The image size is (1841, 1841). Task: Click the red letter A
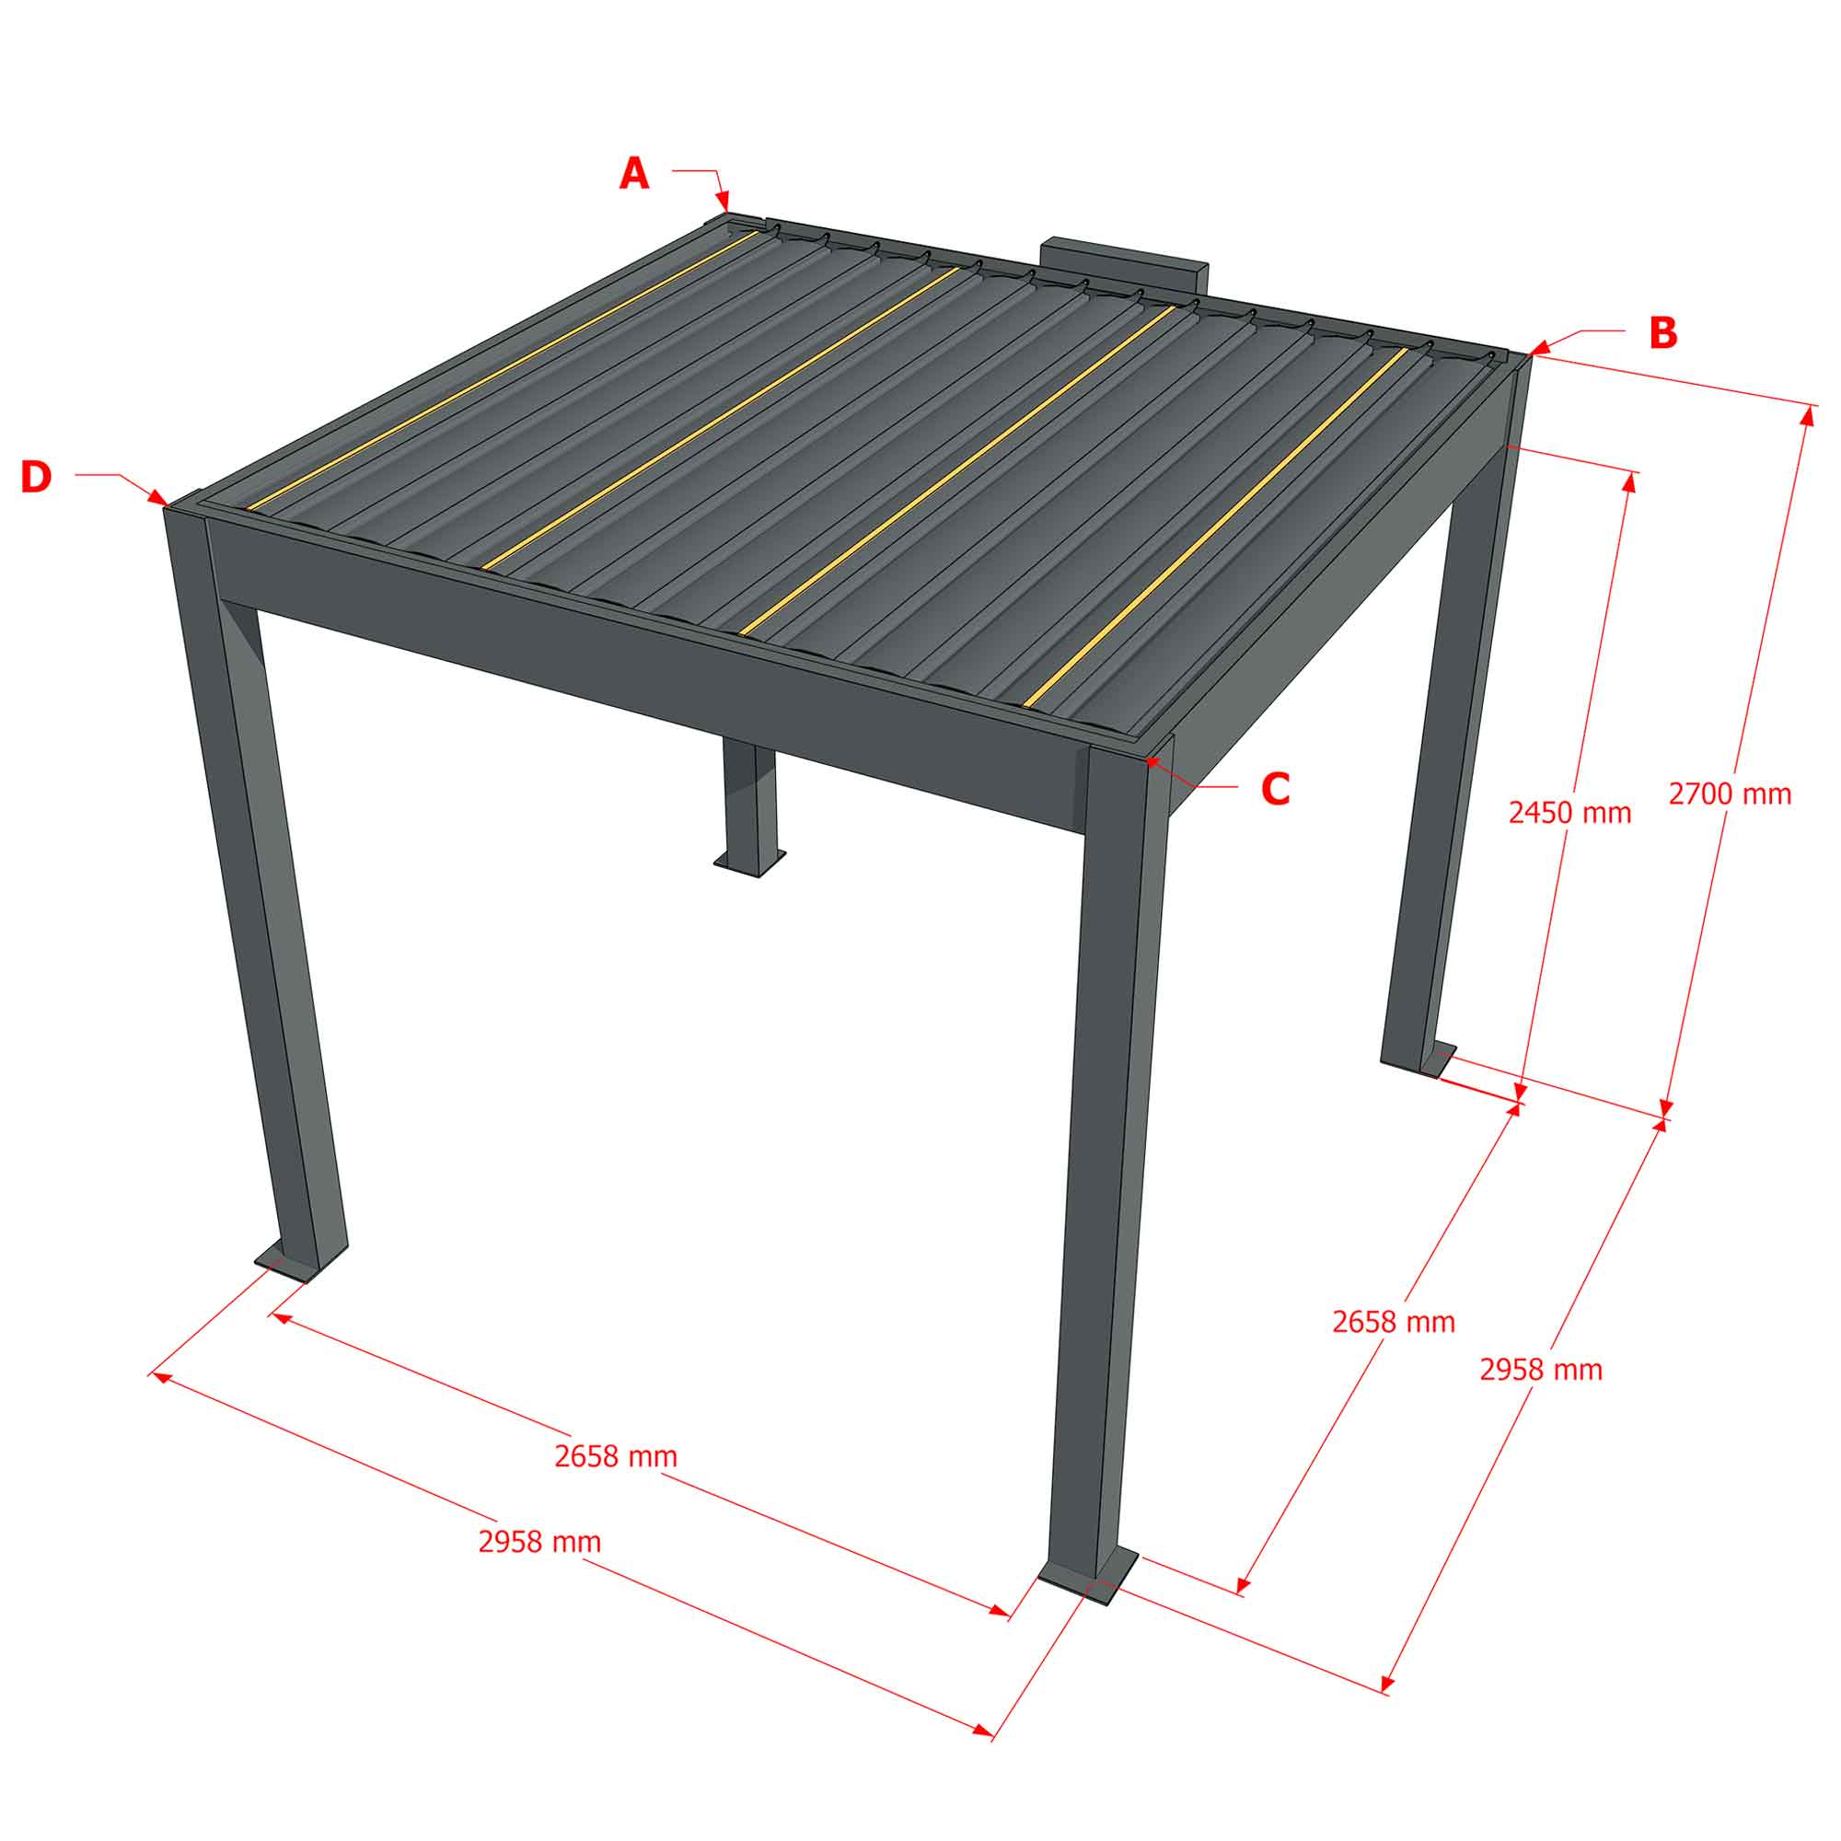tap(633, 174)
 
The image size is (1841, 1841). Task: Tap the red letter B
tap(1662, 332)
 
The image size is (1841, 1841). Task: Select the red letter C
tap(1275, 789)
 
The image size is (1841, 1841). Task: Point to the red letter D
tap(36, 478)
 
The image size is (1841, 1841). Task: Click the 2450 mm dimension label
tap(1570, 813)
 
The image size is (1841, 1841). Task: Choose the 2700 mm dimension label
tap(1731, 793)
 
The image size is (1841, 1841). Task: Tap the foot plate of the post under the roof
tap(752, 863)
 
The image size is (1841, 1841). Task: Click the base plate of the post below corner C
tap(1087, 1588)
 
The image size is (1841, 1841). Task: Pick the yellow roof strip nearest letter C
tap(1216, 527)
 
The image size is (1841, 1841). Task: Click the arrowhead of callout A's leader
tap(724, 202)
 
